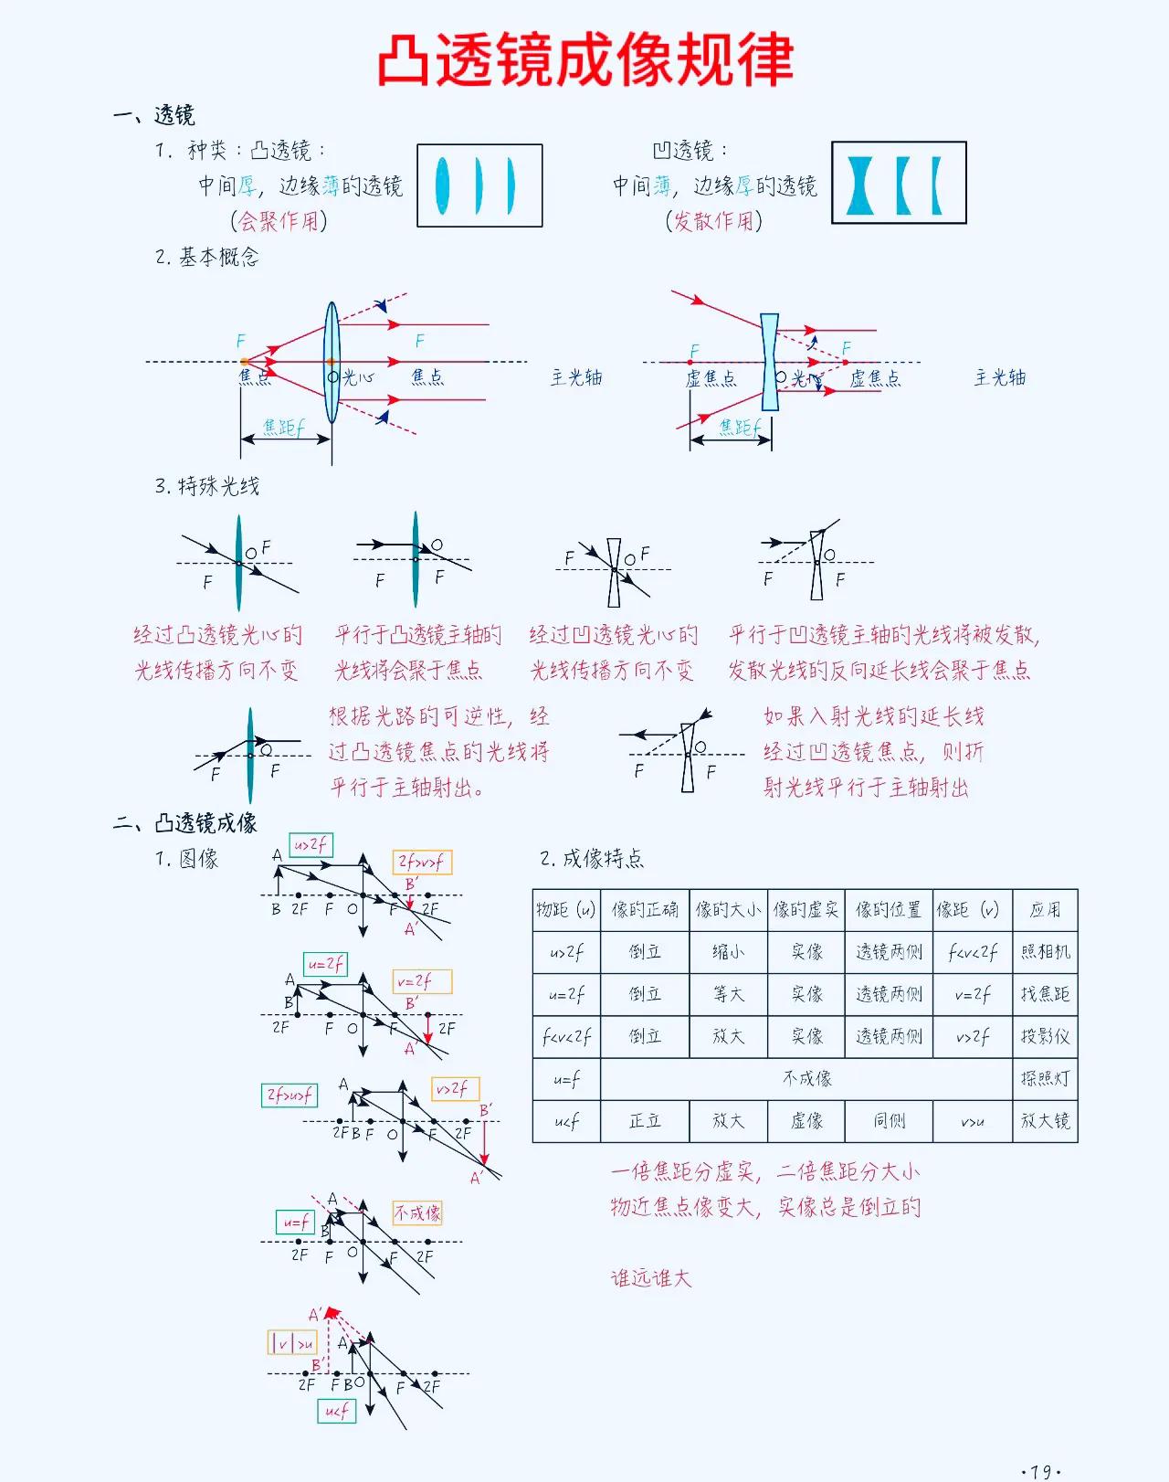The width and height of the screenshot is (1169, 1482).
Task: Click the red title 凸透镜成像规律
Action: tap(584, 60)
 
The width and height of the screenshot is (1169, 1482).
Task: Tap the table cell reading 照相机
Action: tap(1045, 952)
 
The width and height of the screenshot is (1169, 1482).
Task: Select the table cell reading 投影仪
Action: tap(1045, 1036)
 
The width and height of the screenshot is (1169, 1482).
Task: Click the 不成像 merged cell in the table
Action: tap(806, 1078)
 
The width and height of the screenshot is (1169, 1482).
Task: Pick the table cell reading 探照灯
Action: tap(1045, 1078)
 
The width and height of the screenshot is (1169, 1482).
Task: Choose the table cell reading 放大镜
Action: tap(1045, 1120)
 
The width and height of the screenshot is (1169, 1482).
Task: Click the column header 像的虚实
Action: tap(806, 910)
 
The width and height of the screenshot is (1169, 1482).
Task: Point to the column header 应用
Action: tap(1045, 910)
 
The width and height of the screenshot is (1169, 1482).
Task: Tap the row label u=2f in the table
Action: tap(566, 994)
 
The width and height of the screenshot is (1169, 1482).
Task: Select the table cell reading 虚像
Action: tap(806, 1120)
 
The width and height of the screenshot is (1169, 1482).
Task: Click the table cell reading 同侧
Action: tap(889, 1120)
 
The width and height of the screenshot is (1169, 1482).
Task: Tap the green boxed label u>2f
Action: tap(311, 845)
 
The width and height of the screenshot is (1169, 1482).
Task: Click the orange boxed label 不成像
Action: tap(417, 1212)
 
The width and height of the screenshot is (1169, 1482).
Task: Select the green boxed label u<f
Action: tap(336, 1411)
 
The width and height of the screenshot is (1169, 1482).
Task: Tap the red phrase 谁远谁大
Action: tap(651, 1278)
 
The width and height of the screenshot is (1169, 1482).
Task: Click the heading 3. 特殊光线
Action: tap(207, 486)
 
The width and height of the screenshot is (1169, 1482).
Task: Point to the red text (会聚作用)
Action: tap(279, 221)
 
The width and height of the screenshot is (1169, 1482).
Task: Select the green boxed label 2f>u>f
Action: tap(290, 1095)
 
